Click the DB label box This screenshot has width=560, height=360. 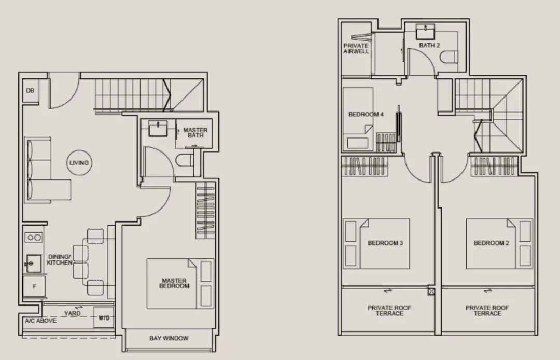tap(31, 91)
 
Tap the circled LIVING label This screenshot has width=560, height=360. tap(79, 162)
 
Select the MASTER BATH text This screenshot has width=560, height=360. tap(195, 132)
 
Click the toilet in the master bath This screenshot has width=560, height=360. tap(185, 160)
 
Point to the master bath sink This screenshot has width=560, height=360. tap(158, 129)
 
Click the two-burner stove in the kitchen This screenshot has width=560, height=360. tap(34, 237)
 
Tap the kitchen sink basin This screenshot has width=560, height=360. tap(34, 264)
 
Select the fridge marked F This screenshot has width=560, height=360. tap(34, 286)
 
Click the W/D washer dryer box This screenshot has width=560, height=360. tap(104, 317)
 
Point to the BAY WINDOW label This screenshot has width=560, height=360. tap(169, 338)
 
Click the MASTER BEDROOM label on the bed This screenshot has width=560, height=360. tap(174, 284)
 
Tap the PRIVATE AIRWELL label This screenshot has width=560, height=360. tap(356, 49)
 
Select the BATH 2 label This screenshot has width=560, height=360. tap(429, 45)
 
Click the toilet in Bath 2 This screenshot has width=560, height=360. tap(449, 57)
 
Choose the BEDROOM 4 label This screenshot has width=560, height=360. tap(366, 115)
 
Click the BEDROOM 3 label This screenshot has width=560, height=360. tap(385, 243)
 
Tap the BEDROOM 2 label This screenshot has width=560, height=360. tap(492, 243)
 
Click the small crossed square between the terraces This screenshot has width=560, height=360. tap(431, 292)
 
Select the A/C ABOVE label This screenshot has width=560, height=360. tap(41, 321)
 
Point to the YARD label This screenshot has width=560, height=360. tap(72, 313)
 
